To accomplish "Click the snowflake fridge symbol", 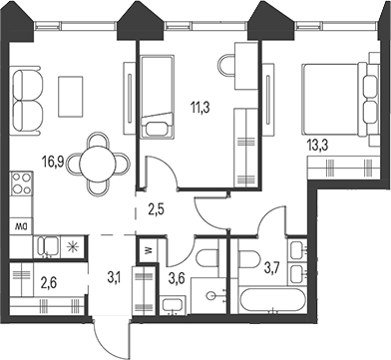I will pyautogui.click(x=71, y=245).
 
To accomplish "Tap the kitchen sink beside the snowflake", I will pyautogui.click(x=46, y=246).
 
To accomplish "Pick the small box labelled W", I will pyautogui.click(x=147, y=251).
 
